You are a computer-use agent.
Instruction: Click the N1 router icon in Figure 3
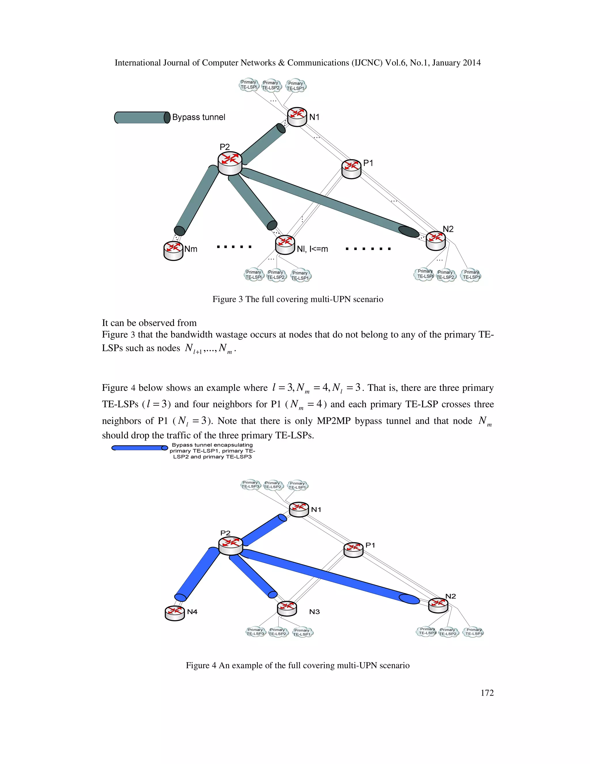297,117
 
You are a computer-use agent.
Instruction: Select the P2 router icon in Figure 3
230,163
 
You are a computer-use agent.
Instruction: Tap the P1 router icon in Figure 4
353,550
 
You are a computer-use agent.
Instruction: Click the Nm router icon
173,251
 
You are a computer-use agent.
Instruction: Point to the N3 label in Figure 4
314,612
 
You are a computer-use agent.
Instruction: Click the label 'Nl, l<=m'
312,249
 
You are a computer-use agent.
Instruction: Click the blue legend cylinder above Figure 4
139,448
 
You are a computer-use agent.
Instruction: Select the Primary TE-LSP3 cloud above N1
251,485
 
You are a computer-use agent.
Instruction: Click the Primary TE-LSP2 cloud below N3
277,632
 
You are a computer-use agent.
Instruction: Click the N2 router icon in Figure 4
438,605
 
